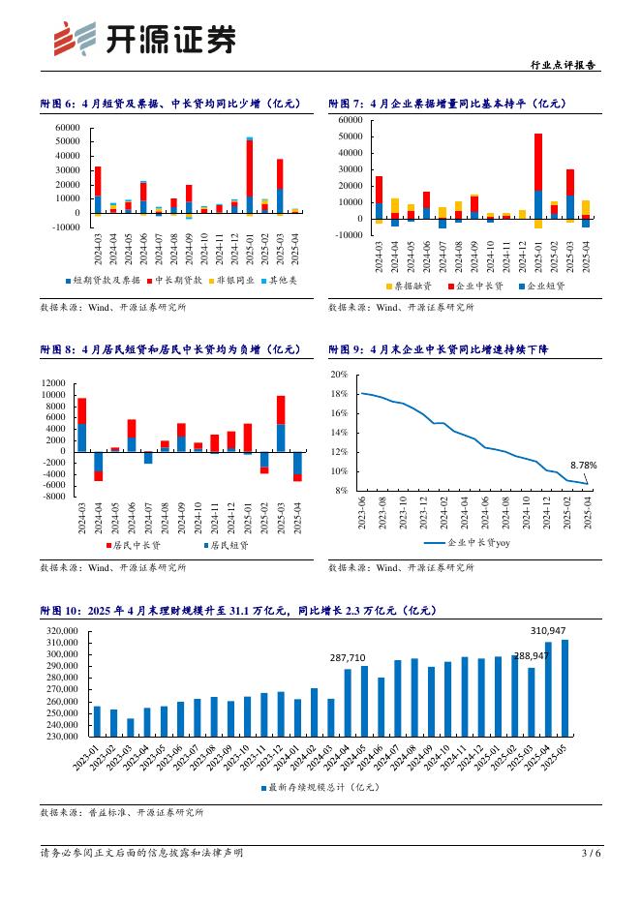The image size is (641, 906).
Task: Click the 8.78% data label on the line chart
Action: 583,464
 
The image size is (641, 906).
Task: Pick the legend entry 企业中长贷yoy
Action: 465,545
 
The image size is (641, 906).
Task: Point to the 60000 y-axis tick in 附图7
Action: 350,120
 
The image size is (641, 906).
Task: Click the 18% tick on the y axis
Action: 339,394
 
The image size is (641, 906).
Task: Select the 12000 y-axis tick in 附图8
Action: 51,382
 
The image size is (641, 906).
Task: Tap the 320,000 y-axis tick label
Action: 62,631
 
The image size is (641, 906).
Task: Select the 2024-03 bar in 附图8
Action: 82,424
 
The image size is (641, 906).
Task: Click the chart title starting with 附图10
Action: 239,611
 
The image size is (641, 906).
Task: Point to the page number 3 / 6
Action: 591,853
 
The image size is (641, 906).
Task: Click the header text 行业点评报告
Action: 565,65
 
